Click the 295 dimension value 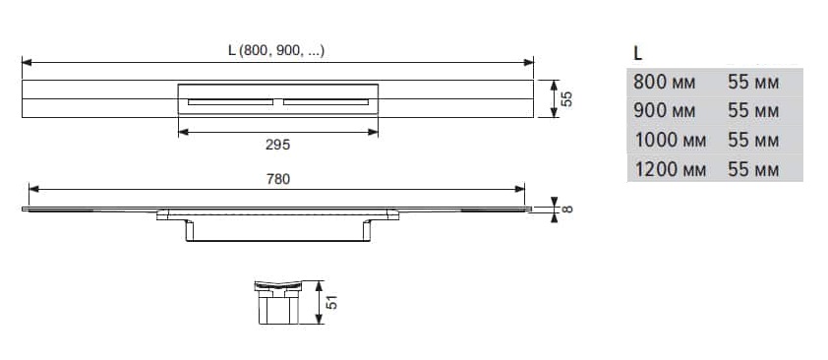point(277,146)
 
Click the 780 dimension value point(278,179)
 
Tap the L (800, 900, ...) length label point(276,51)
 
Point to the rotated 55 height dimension point(566,98)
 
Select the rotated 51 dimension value point(331,302)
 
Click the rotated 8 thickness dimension point(566,210)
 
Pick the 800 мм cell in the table point(665,83)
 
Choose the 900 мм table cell point(665,111)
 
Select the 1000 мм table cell point(670,140)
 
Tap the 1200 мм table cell point(670,169)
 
